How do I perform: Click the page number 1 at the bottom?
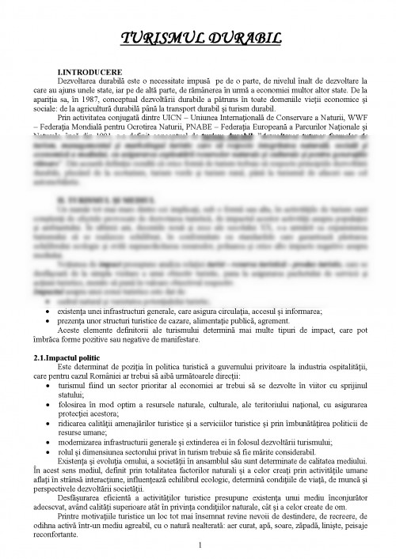[200, 545]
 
